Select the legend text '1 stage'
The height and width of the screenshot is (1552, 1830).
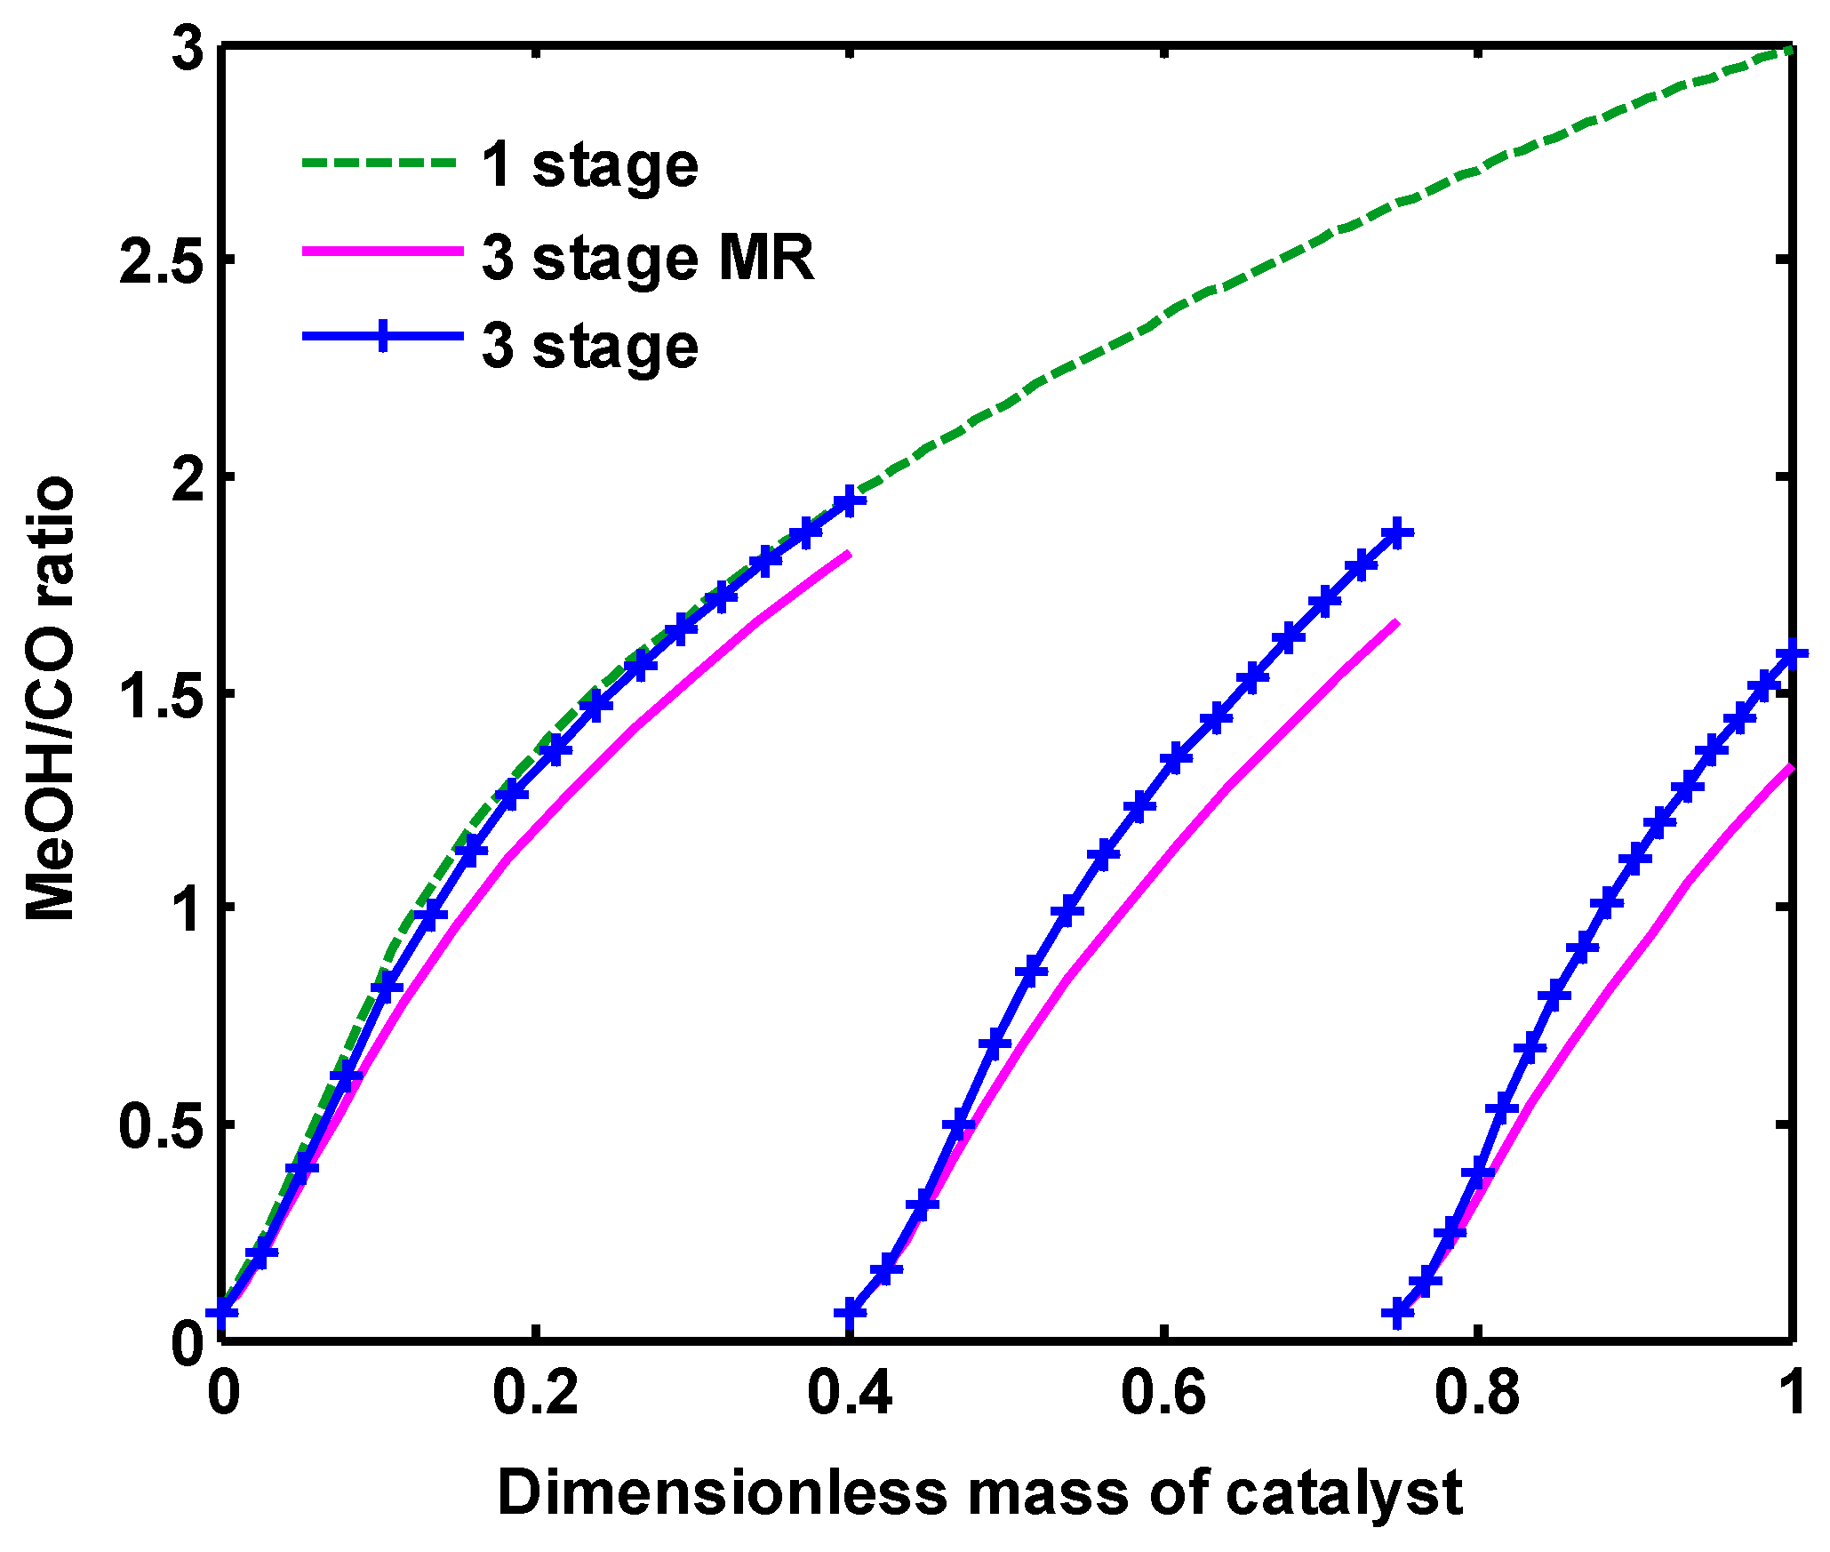pos(590,165)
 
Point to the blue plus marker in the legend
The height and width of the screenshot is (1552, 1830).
pos(382,336)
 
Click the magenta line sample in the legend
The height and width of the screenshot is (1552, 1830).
pos(382,252)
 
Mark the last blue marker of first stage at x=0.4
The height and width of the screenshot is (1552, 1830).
pos(850,501)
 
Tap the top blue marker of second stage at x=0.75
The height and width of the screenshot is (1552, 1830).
pos(1397,533)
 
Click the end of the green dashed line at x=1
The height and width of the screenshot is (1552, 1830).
pos(1789,52)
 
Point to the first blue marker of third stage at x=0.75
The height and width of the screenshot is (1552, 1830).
pos(1398,1313)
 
